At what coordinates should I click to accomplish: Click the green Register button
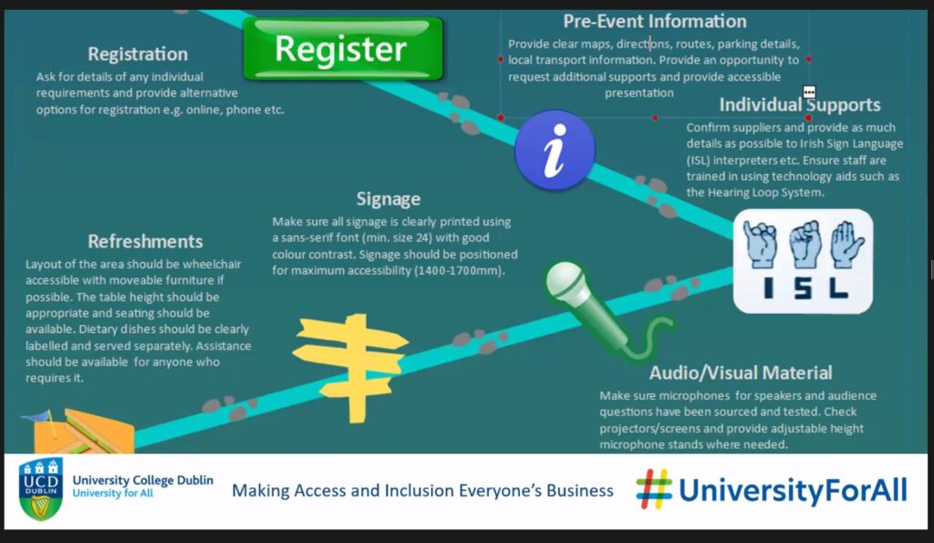point(342,48)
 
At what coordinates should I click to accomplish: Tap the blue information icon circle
point(555,150)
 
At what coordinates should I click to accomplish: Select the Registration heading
point(138,54)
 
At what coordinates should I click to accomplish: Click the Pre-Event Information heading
point(654,21)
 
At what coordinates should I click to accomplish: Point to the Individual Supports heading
point(799,105)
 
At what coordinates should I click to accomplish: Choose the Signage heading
point(389,199)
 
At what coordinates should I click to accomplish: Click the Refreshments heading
point(145,242)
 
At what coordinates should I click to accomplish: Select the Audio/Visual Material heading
point(741,372)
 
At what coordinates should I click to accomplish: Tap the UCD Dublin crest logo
point(41,489)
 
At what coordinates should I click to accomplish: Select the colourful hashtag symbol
point(654,489)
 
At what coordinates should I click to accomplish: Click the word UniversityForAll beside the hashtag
point(792,490)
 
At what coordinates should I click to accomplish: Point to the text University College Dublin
point(142,480)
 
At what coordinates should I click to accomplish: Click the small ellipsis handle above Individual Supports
point(808,90)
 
